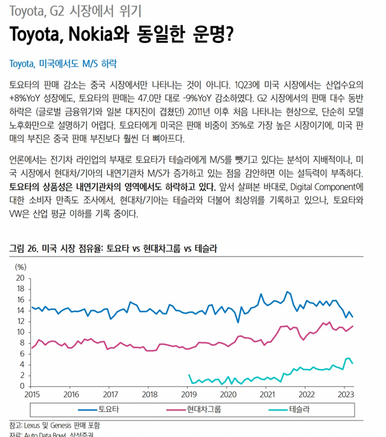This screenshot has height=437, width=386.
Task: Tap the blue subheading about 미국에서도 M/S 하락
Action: pos(64,63)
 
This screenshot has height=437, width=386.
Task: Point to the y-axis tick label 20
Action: pos(20,278)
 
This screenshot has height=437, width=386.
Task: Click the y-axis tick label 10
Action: pos(20,332)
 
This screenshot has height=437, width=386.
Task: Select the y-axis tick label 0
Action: pos(22,386)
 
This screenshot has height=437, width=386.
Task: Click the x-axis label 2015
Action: pos(31,395)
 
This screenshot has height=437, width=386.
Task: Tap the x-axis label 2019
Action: pos(189,395)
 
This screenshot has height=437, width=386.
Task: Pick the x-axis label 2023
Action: pos(346,395)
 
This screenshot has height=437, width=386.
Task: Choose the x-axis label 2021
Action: pos(267,395)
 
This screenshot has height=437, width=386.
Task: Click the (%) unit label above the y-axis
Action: pos(21,267)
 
